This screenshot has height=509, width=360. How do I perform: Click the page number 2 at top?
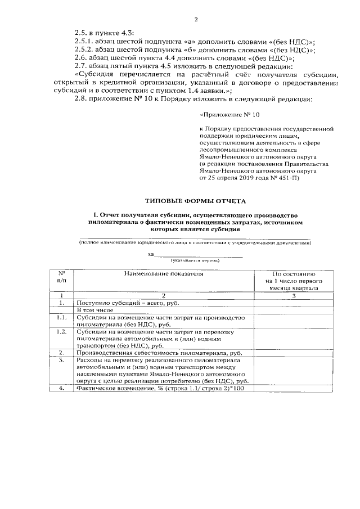point(197,20)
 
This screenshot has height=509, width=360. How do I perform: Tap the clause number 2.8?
point(81,100)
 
